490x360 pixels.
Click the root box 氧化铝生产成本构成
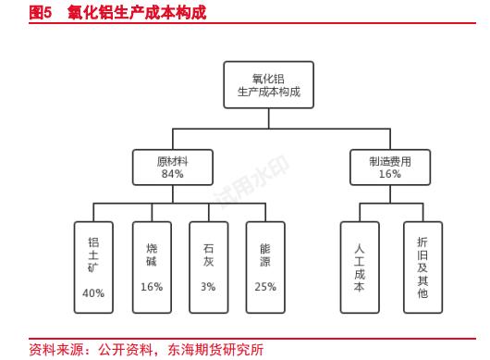(x=269, y=85)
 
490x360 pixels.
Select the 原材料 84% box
(x=172, y=167)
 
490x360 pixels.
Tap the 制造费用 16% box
(x=389, y=167)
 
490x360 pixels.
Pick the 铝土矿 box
(x=93, y=267)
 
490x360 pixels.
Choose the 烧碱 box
(x=152, y=267)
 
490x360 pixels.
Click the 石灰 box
(x=208, y=267)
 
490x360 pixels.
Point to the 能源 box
(x=265, y=267)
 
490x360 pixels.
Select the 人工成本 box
(x=360, y=267)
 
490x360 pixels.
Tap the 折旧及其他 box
(x=423, y=267)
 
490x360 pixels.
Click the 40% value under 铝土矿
(x=93, y=293)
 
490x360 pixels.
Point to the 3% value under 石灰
(x=208, y=287)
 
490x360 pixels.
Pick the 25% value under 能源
(x=265, y=287)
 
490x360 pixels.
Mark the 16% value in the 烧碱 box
(x=152, y=287)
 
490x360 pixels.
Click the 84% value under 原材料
(x=172, y=174)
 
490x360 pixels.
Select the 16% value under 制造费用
(x=389, y=174)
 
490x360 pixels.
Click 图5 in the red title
(x=40, y=13)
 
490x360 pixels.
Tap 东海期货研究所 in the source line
(x=214, y=349)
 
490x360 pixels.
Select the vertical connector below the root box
(x=269, y=118)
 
